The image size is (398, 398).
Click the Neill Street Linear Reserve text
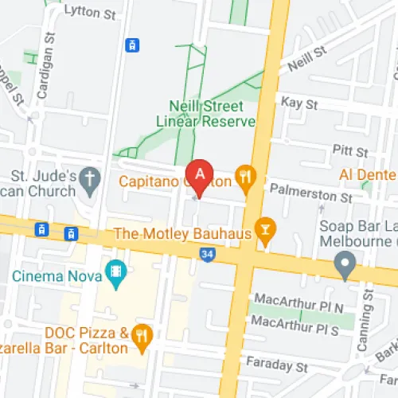click(x=212, y=113)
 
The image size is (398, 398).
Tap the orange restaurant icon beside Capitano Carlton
click(x=247, y=181)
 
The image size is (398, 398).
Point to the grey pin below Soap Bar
click(x=345, y=264)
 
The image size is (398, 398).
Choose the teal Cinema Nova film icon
click(x=117, y=275)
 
